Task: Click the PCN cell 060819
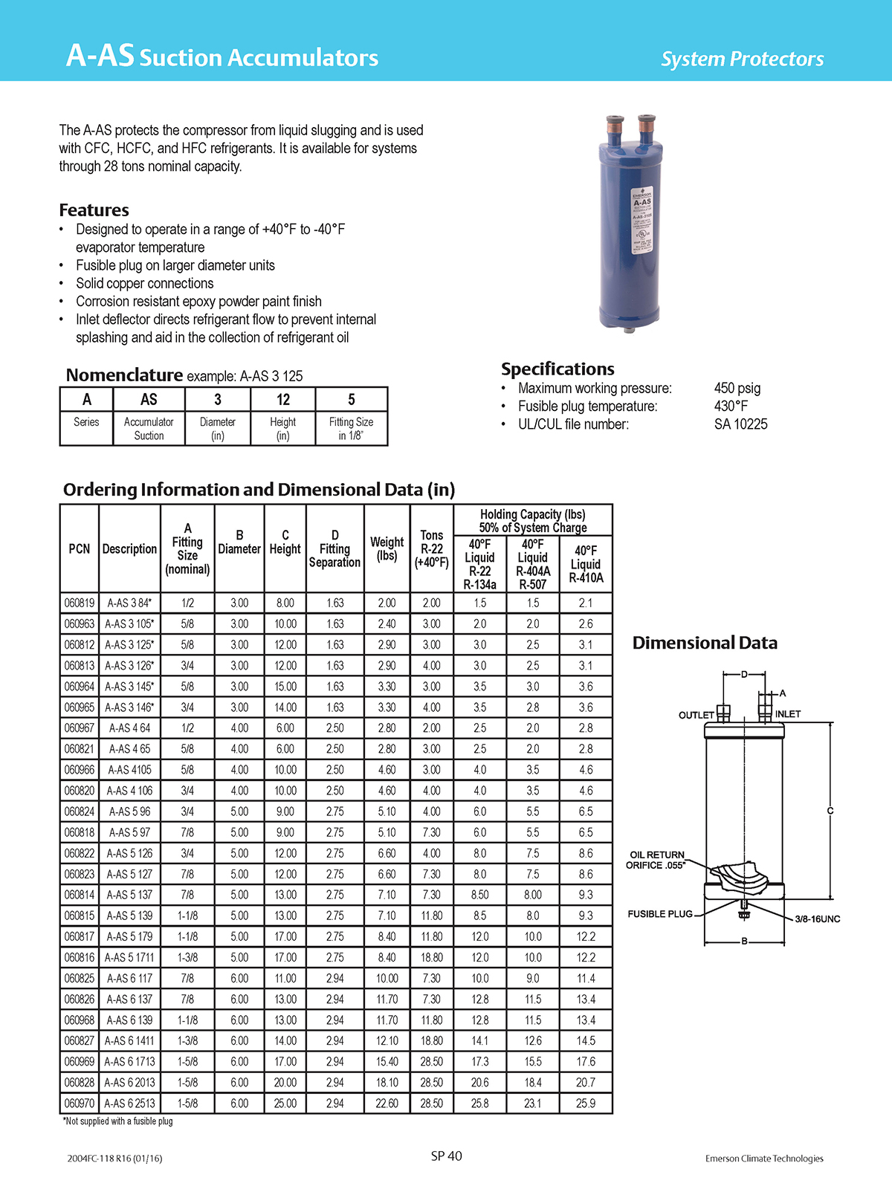point(79,603)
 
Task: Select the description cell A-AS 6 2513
point(129,1104)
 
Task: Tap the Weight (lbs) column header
point(387,548)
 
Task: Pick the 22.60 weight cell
point(387,1104)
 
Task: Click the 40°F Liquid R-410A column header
point(586,564)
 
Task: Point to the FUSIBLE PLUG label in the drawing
point(660,914)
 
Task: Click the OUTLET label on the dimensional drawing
point(696,715)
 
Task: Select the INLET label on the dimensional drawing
point(788,714)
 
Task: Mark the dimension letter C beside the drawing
point(830,811)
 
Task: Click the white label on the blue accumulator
point(641,220)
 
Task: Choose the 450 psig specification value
point(737,388)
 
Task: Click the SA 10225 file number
point(740,424)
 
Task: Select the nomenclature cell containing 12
point(283,400)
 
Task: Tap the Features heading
point(94,210)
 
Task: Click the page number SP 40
point(446,1156)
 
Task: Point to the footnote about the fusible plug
point(117,1121)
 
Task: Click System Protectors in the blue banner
point(742,59)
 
